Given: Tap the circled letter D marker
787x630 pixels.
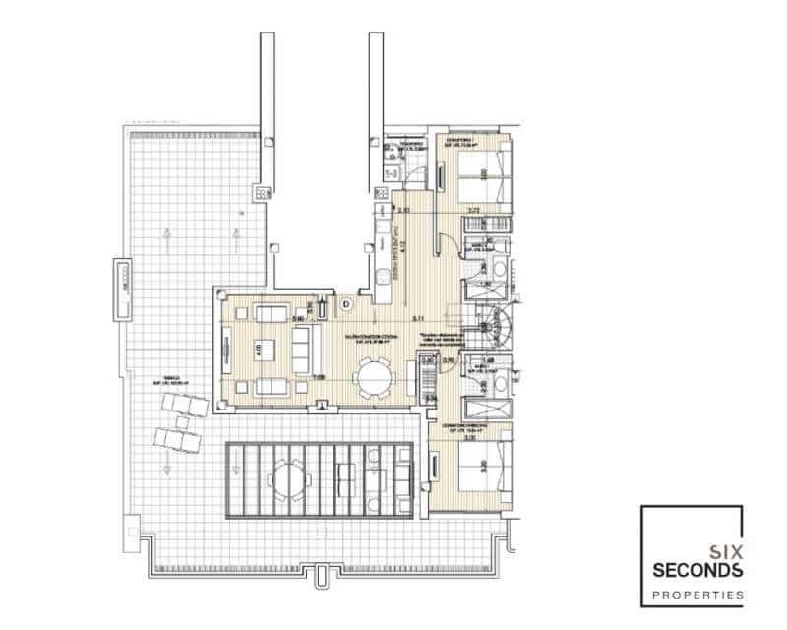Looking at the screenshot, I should pyautogui.click(x=347, y=304).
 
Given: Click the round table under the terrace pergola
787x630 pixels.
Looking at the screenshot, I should pyautogui.click(x=286, y=479).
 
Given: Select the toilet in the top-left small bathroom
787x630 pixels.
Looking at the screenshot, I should pyautogui.click(x=391, y=154).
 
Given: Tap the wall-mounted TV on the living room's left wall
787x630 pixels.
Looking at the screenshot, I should pyautogui.click(x=225, y=349).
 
